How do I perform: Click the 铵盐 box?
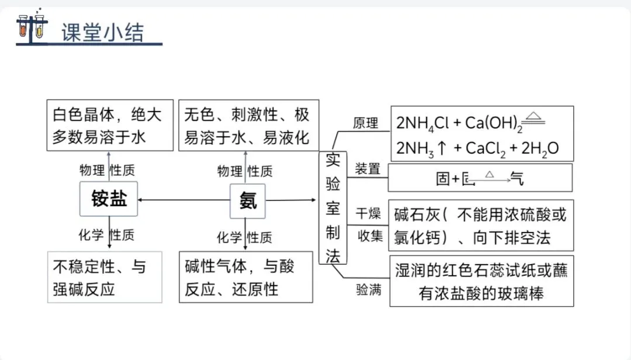[x=109, y=199]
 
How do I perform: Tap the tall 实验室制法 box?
[x=332, y=207]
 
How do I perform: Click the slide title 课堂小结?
[x=102, y=33]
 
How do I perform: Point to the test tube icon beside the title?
[x=32, y=26]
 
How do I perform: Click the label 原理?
[x=366, y=123]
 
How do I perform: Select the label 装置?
[x=367, y=169]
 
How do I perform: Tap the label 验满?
[x=369, y=289]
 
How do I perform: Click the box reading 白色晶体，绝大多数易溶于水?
[x=110, y=125]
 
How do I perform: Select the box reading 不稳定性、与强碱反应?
[x=105, y=278]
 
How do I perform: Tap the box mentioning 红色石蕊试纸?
[x=481, y=281]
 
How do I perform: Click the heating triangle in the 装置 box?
[x=490, y=174]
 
